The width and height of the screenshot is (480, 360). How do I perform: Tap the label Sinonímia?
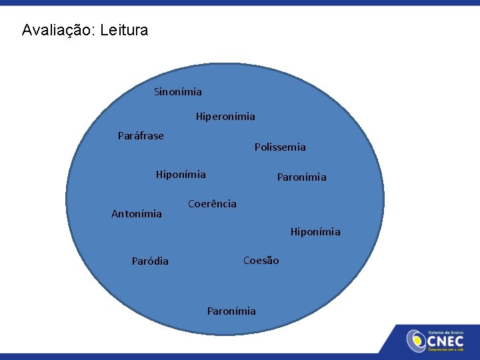click(177, 91)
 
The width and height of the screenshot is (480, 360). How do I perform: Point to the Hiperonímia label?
click(225, 117)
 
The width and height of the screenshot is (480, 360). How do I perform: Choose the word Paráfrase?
click(141, 136)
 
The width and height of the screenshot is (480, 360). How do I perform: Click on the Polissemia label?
click(280, 147)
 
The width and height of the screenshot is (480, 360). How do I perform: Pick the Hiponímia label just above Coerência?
click(181, 175)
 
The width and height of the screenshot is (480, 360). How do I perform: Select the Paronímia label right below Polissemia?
click(302, 177)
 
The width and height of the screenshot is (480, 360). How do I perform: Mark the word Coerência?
click(212, 204)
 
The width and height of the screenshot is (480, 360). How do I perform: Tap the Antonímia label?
click(136, 214)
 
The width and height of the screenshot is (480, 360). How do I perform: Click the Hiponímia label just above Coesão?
click(315, 232)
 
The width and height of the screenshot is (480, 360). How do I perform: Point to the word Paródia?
click(150, 261)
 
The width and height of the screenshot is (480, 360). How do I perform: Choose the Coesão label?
click(261, 261)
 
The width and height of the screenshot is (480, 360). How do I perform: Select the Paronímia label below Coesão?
click(231, 311)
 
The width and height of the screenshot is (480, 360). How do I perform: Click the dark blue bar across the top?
click(240, 3)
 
